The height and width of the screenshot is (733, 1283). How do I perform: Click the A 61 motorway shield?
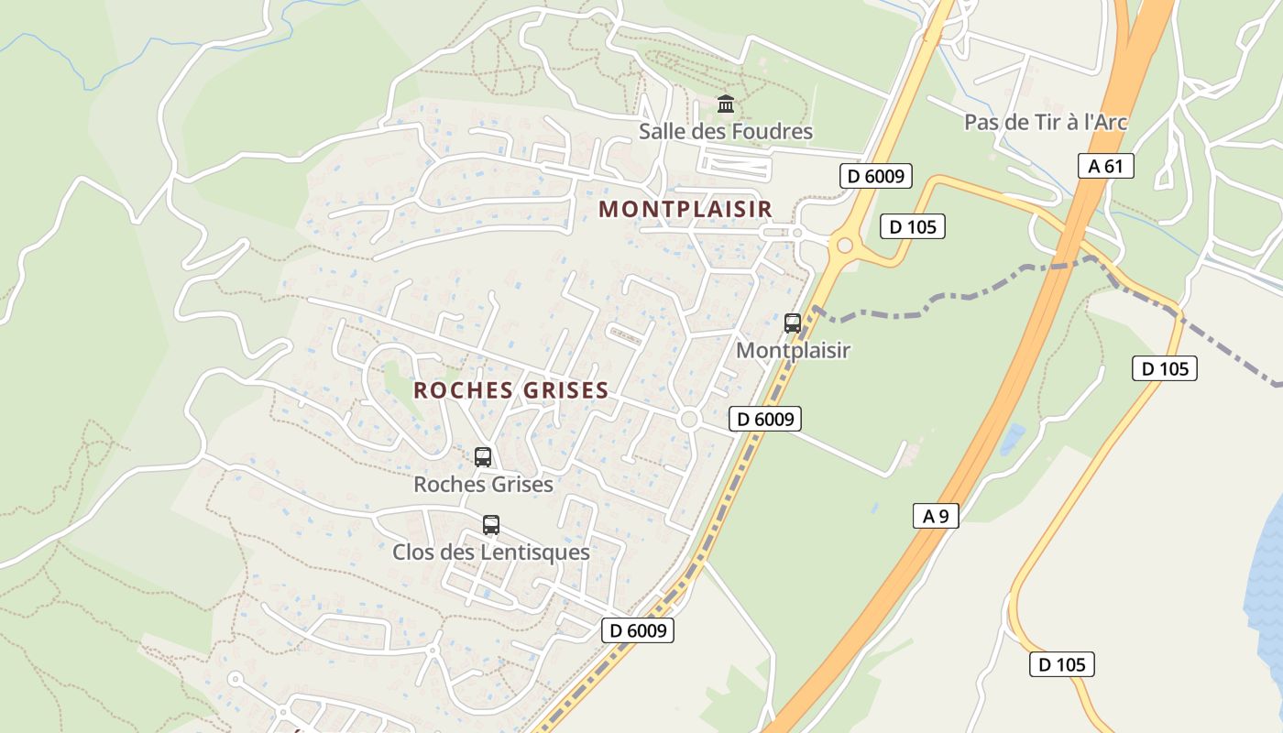[1105, 166]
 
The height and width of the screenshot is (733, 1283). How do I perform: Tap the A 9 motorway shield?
[936, 516]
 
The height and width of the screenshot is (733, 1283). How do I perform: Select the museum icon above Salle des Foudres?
[726, 104]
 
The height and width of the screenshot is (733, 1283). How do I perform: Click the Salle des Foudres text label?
[726, 132]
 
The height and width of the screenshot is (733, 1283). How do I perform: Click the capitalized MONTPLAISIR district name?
[685, 209]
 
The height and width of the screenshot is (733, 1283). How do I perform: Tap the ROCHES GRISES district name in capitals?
[510, 390]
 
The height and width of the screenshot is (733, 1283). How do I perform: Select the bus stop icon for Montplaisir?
[793, 323]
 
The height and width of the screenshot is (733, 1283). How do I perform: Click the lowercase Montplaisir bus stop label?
[794, 350]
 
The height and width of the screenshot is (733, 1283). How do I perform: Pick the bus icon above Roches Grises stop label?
[483, 456]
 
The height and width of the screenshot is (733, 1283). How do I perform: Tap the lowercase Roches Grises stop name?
[483, 484]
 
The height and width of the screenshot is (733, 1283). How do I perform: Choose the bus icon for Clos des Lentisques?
[491, 525]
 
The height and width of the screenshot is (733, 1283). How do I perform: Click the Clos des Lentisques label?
[491, 552]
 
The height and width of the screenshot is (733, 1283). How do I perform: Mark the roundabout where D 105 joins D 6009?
[844, 246]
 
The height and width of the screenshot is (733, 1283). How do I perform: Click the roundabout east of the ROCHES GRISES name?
[690, 420]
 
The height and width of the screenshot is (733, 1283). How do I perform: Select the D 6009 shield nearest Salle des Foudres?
[875, 176]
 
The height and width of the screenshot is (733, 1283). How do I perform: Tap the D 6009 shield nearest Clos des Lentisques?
[638, 630]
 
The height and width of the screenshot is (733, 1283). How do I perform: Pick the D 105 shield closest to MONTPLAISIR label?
[912, 226]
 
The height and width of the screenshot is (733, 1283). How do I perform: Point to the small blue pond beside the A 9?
[1013, 439]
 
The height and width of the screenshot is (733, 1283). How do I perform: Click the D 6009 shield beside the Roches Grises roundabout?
[765, 420]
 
